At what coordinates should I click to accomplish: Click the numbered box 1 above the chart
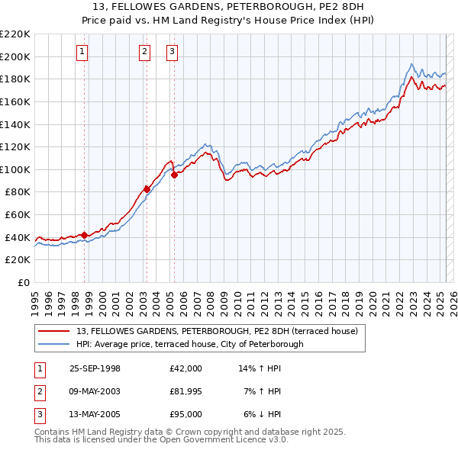click(82, 52)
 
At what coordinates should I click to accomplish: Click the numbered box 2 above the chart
click(144, 52)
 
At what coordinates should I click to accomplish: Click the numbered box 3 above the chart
click(172, 52)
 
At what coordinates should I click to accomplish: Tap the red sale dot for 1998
click(85, 235)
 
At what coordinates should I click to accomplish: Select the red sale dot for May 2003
click(147, 189)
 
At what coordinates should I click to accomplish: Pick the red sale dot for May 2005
click(174, 175)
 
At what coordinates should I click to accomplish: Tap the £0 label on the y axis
click(23, 282)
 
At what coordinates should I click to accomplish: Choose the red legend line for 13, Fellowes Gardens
click(53, 331)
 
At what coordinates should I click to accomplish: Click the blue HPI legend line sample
click(53, 344)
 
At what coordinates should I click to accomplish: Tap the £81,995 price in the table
click(186, 391)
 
